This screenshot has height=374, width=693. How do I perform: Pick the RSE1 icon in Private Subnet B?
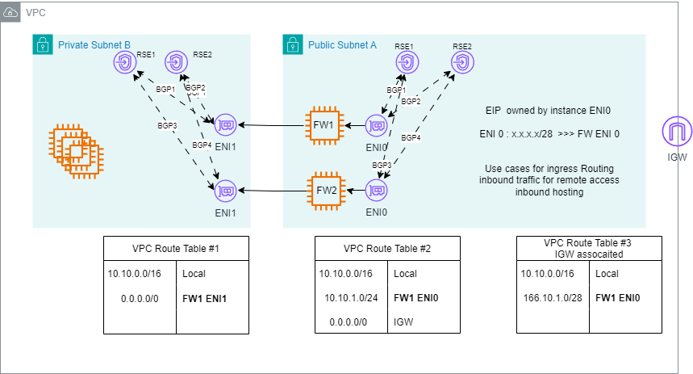(x=125, y=63)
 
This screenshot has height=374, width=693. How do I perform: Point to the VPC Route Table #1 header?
(x=176, y=248)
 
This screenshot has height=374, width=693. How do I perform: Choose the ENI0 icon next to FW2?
(x=377, y=191)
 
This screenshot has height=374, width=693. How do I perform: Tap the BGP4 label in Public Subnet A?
(x=411, y=138)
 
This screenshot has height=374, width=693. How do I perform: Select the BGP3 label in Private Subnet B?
(x=167, y=125)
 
